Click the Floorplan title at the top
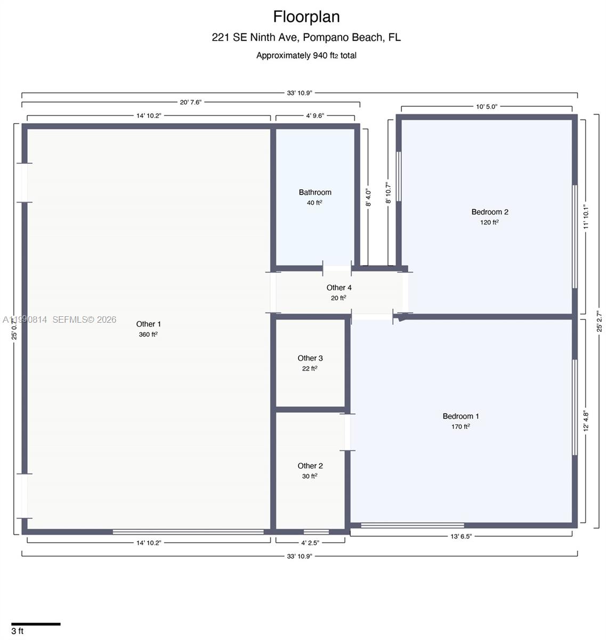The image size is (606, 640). (306, 17)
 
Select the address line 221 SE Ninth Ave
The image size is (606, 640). (306, 37)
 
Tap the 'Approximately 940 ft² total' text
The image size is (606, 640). (306, 55)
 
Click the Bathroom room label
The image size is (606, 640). (314, 193)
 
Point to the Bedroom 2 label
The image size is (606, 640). (489, 212)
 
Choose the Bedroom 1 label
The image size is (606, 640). (460, 417)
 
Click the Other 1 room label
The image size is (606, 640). (148, 324)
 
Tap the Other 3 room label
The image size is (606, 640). (310, 358)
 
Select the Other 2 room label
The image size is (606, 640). (310, 466)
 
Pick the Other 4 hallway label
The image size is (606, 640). (339, 288)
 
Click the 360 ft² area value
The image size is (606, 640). (148, 335)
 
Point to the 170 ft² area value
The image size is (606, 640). (460, 427)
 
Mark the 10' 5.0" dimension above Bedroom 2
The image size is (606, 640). (486, 107)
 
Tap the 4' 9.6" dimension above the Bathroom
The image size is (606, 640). (315, 116)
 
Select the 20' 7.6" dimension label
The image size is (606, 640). (190, 102)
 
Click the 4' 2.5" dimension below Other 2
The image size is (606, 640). (310, 543)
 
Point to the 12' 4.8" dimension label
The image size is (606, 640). (586, 420)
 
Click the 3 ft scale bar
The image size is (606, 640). (36, 623)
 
